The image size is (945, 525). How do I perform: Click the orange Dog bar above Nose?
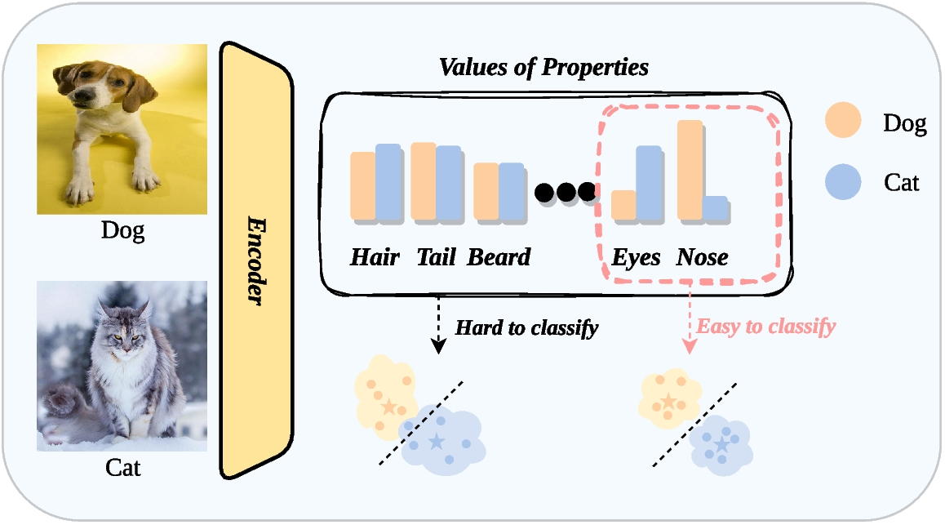[x=689, y=170]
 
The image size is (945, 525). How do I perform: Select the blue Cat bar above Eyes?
[x=648, y=183]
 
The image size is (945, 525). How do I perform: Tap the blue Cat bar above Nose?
[x=714, y=208]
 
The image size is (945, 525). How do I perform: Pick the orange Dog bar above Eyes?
[x=623, y=205]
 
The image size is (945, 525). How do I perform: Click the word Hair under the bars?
[x=375, y=258]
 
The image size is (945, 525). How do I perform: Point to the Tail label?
[x=435, y=258]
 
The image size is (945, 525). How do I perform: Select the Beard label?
[x=499, y=258]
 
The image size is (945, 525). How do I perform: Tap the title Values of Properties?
[x=544, y=67]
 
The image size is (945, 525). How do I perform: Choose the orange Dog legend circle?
[x=843, y=121]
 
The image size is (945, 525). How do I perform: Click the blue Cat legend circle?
[x=843, y=181]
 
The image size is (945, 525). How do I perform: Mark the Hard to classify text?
[x=526, y=328]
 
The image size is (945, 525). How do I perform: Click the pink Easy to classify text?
[x=765, y=327]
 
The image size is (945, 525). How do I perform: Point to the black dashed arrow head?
[x=439, y=345]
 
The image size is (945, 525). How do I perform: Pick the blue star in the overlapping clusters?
[x=437, y=442]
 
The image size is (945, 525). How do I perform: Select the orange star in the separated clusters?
[x=668, y=400]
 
